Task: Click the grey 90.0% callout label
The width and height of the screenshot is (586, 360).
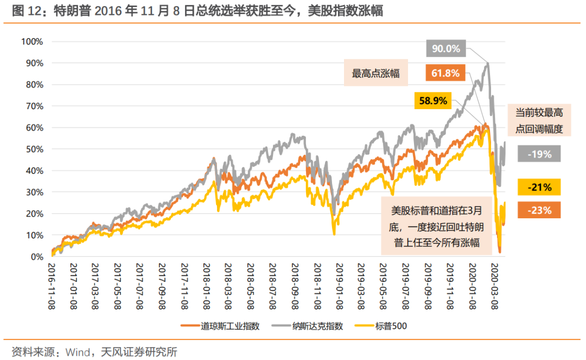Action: click(x=446, y=49)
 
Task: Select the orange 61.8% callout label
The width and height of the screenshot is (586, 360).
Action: click(x=446, y=73)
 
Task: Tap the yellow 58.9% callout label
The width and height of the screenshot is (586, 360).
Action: click(x=434, y=100)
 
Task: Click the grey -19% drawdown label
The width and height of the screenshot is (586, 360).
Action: click(x=539, y=154)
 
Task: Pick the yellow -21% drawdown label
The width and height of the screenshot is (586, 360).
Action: click(x=539, y=187)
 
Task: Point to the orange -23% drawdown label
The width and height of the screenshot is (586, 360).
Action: click(x=539, y=210)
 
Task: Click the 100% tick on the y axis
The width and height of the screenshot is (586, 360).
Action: click(x=31, y=42)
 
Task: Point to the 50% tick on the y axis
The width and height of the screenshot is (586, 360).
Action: click(x=34, y=149)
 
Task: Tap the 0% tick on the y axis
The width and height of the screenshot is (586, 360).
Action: click(x=36, y=257)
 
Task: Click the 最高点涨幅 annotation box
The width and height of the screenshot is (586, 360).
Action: click(x=376, y=73)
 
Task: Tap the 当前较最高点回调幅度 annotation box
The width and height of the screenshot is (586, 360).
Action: click(x=539, y=121)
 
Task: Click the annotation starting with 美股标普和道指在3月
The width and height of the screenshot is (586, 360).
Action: click(x=438, y=226)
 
